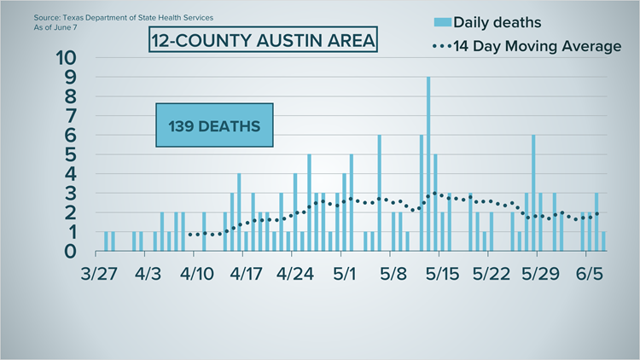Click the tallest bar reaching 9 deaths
tap(428, 164)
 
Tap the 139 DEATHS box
tap(214, 125)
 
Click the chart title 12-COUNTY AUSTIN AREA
tap(264, 40)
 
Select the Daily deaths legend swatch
tap(442, 22)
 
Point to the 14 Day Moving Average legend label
tap(537, 46)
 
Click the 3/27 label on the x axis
tap(99, 274)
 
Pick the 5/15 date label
tap(442, 274)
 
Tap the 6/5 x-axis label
tap(590, 274)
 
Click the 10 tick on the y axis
tap(66, 57)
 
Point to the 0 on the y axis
tap(70, 252)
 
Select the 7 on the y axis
tap(71, 116)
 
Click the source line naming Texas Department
tap(123, 18)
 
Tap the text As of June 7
tap(55, 27)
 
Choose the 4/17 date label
tap(246, 274)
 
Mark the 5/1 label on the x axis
tap(345, 274)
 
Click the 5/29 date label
tap(540, 274)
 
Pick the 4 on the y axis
tap(71, 174)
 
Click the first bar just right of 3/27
tap(106, 241)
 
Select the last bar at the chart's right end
tap(603, 241)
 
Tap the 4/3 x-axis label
tap(148, 274)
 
